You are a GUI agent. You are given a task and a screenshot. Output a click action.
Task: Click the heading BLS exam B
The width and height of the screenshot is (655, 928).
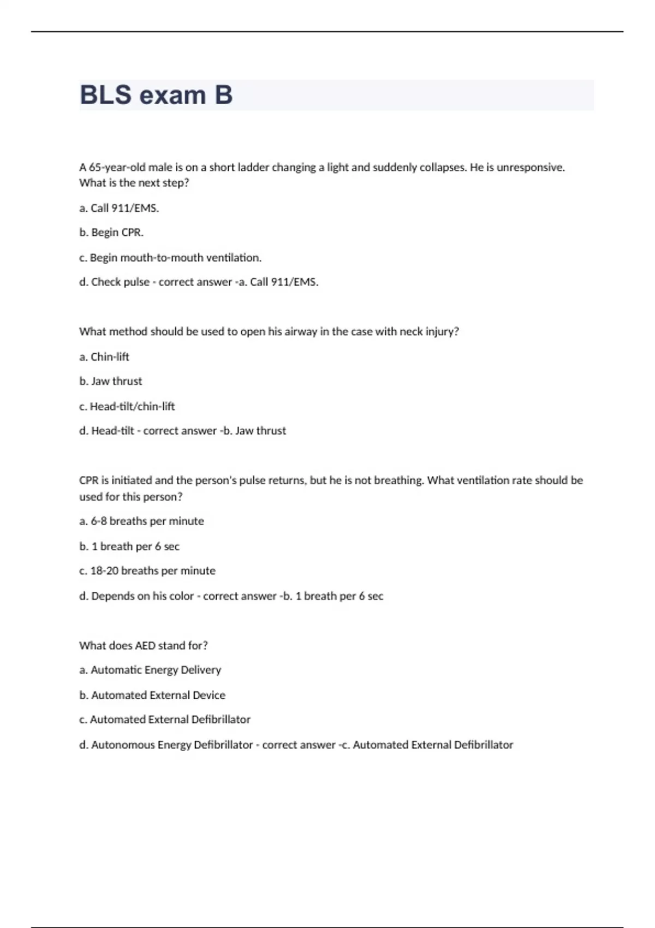pyautogui.click(x=156, y=95)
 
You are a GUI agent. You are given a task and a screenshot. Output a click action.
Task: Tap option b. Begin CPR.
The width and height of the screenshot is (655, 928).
pyautogui.click(x=111, y=233)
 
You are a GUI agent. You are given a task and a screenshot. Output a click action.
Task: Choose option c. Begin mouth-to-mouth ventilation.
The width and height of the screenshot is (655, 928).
pyautogui.click(x=170, y=258)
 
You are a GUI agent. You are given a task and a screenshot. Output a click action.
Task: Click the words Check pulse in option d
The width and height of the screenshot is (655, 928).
pyautogui.click(x=120, y=282)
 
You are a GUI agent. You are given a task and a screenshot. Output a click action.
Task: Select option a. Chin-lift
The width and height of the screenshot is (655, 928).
pyautogui.click(x=104, y=357)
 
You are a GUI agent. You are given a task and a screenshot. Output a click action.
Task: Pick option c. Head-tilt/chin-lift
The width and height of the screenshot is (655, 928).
pyautogui.click(x=127, y=407)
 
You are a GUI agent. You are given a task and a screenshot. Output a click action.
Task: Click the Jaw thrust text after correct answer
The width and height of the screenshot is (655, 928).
pyautogui.click(x=260, y=431)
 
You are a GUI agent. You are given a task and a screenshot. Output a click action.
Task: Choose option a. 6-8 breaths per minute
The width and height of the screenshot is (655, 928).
pyautogui.click(x=141, y=521)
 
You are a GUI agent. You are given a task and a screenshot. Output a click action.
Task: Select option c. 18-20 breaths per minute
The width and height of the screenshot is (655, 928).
pyautogui.click(x=147, y=571)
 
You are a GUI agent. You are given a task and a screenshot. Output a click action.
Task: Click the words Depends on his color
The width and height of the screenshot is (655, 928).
pyautogui.click(x=142, y=596)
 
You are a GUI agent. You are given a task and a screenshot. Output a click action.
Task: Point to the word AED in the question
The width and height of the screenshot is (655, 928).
pyautogui.click(x=145, y=646)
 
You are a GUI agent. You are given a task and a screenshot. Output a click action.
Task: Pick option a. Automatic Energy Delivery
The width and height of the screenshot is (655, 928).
pyautogui.click(x=150, y=670)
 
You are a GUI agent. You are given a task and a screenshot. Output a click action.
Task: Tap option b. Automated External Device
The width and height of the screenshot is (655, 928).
pyautogui.click(x=152, y=695)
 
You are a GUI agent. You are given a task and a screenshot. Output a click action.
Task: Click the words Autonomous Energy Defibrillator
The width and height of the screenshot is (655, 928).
pyautogui.click(x=172, y=745)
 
